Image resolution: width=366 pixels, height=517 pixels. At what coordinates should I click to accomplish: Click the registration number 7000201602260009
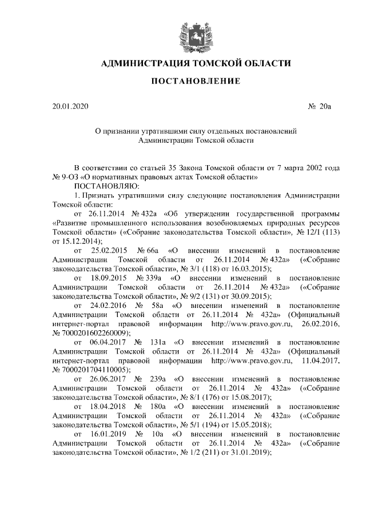[x=95, y=332]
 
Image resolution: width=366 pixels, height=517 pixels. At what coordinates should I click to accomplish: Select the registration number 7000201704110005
[x=95, y=369]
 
